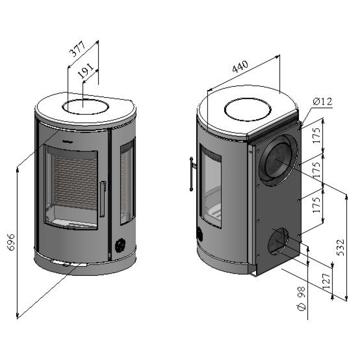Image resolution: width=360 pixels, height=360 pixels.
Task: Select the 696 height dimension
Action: pos(11,242)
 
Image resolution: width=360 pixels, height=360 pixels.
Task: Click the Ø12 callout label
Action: pos(323,101)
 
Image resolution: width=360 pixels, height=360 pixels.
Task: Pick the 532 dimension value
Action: pos(341,247)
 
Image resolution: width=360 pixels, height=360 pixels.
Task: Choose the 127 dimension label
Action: pos(326,281)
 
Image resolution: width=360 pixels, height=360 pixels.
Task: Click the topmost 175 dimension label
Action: pos(316,135)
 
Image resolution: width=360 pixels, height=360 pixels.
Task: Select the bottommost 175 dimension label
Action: pos(316,205)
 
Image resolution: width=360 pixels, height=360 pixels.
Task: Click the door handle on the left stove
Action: pos(103,199)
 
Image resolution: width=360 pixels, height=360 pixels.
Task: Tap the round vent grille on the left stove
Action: pos(120,245)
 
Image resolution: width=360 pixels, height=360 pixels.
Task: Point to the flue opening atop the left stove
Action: pos(85,107)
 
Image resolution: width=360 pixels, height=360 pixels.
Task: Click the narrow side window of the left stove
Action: pos(128,181)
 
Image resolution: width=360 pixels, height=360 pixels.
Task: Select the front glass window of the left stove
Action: pos(71,187)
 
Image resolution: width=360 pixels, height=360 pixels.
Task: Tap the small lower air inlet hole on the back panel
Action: pos(278,241)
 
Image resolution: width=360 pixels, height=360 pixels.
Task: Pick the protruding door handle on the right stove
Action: pos(192,174)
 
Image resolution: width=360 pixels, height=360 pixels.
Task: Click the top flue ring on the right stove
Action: pos(248,109)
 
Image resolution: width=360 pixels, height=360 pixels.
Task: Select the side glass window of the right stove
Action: pos(210,186)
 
